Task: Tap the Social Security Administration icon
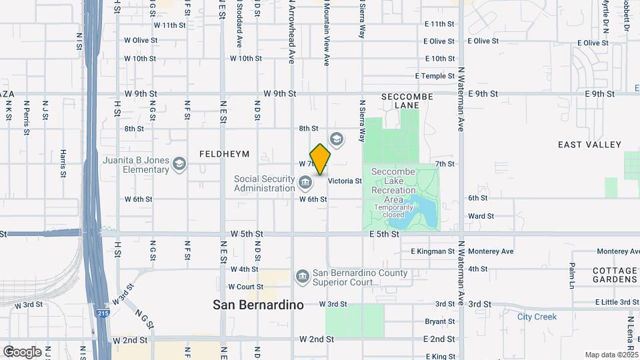click(305, 182)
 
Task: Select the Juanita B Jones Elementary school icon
click(179, 163)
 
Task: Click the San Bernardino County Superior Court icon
click(302, 275)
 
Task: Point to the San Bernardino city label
click(258, 305)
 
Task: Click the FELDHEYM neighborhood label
click(224, 154)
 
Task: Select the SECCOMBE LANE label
click(407, 101)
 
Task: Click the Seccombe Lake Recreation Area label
click(398, 186)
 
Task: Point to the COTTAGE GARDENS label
click(614, 275)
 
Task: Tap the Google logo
click(22, 351)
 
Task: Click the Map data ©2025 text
click(611, 355)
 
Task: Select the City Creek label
click(537, 317)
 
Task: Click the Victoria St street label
click(345, 181)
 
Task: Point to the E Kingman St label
click(432, 251)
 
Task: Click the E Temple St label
click(434, 76)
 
